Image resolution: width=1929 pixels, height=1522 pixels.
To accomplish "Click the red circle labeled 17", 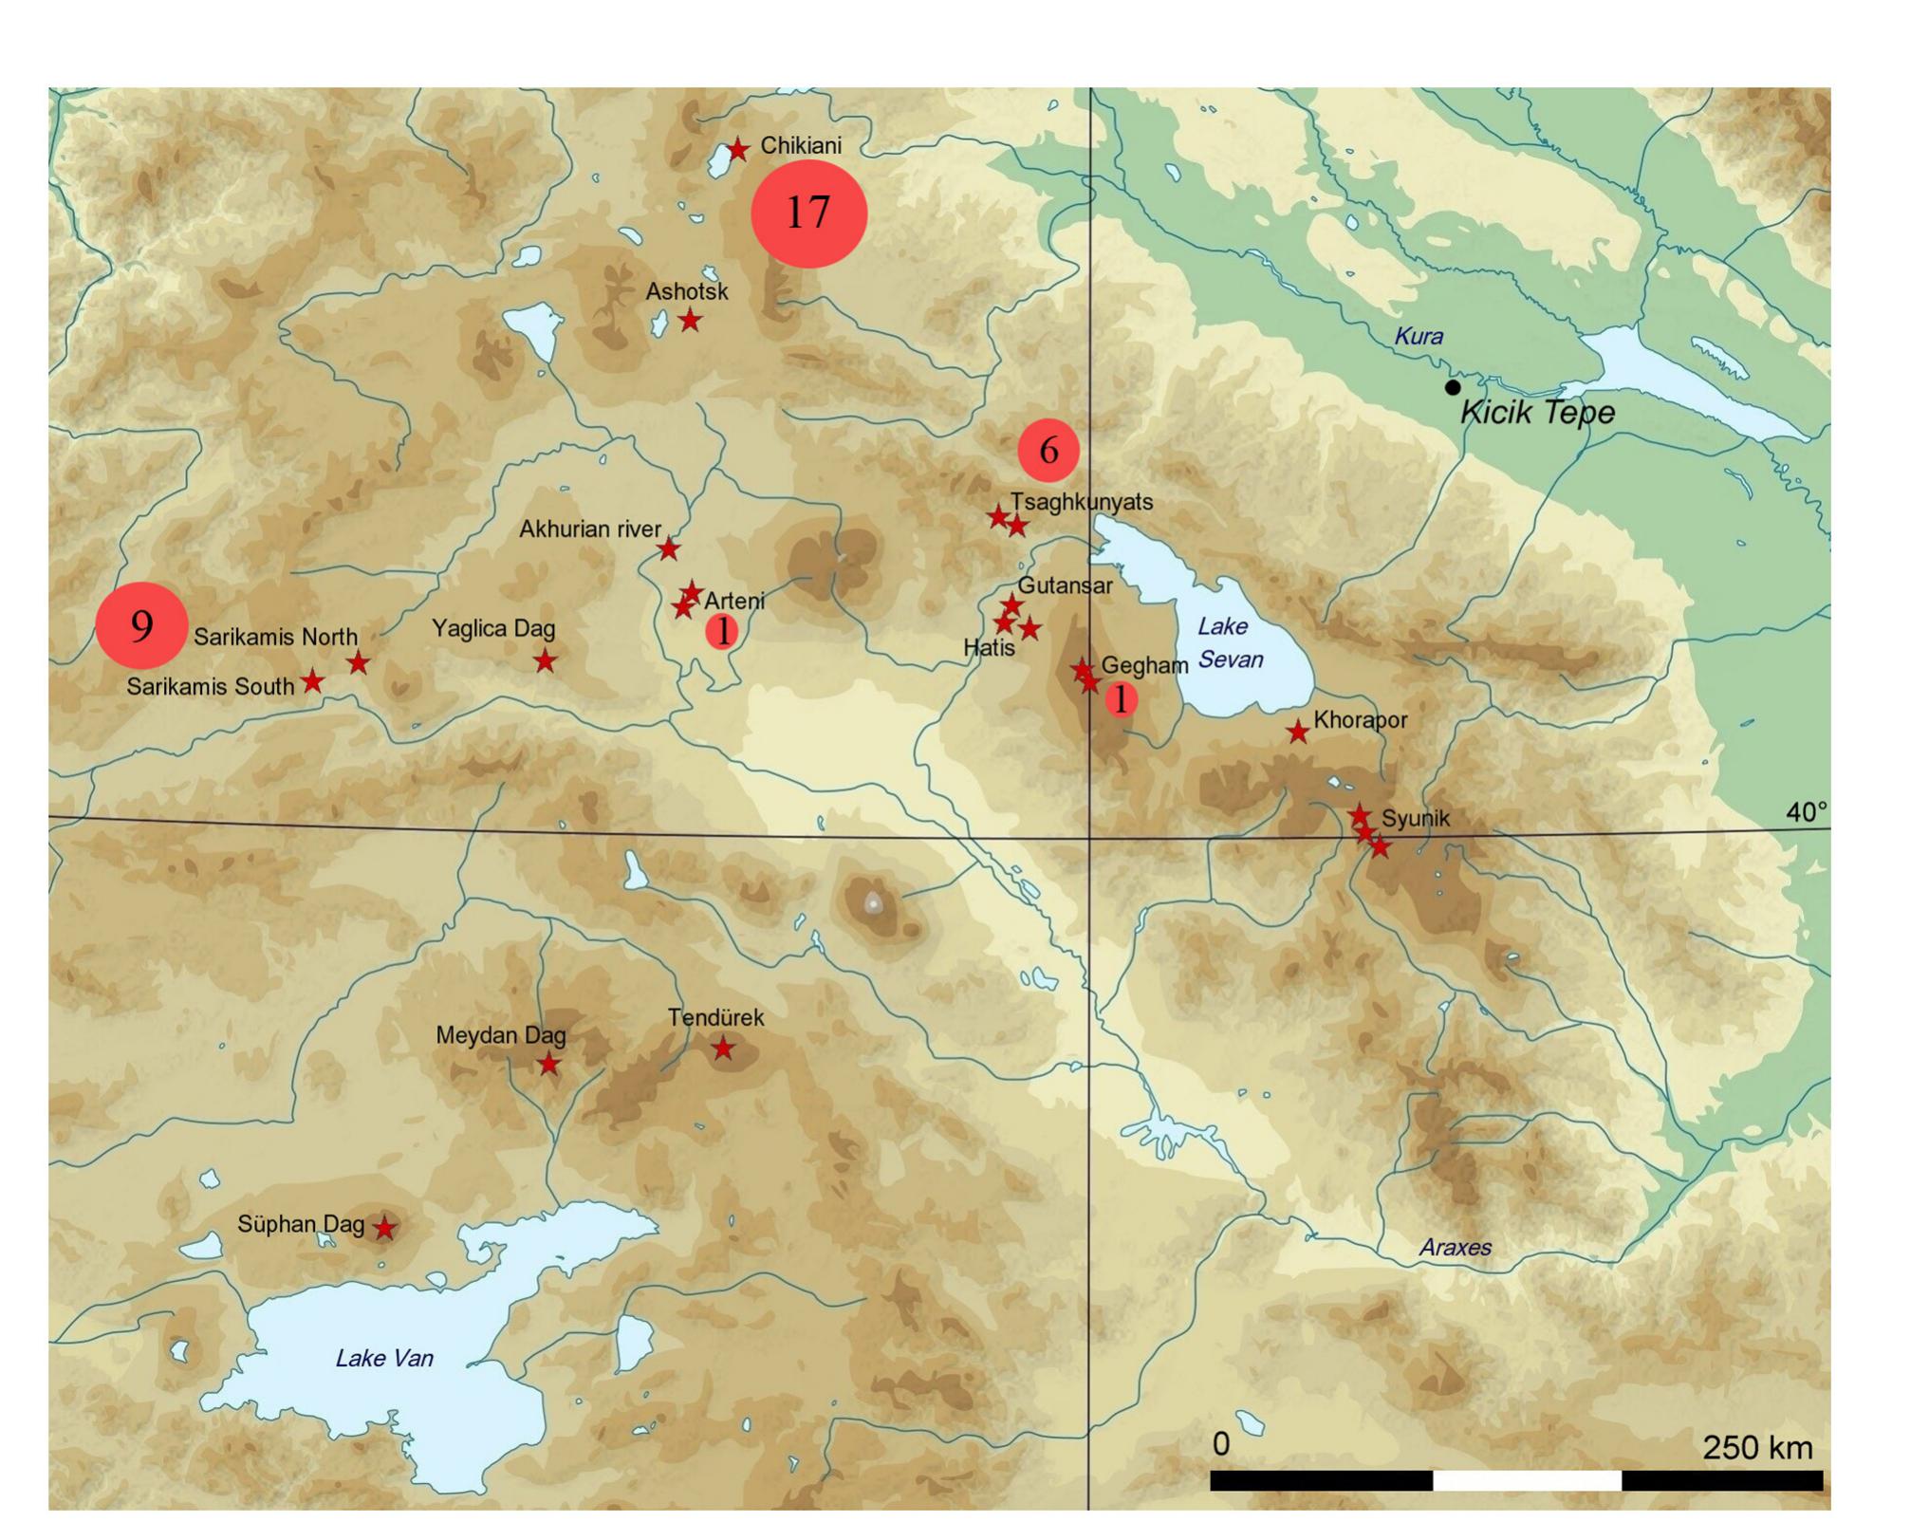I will click(x=808, y=213).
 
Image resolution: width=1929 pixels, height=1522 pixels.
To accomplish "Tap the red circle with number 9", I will click(x=141, y=626).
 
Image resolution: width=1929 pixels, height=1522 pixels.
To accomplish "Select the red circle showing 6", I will click(x=1048, y=450).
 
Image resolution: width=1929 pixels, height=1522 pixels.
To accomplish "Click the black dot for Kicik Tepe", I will click(x=1452, y=387).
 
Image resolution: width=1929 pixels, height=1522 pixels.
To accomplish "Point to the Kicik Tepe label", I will click(x=1536, y=413).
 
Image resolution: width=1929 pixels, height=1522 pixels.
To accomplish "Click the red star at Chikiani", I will click(x=738, y=149).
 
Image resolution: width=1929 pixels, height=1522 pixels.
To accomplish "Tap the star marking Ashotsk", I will click(x=690, y=320).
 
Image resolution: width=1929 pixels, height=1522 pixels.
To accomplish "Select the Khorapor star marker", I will click(x=1298, y=732).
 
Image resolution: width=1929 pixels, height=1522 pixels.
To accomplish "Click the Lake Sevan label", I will click(x=1229, y=642).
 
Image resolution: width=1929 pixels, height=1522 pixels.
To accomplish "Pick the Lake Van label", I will click(x=384, y=1359).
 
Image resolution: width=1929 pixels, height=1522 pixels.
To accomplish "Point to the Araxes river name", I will click(x=1455, y=1248).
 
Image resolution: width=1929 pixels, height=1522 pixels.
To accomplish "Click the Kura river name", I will click(x=1419, y=336).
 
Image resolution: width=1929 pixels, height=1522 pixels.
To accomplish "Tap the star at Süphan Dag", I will click(x=383, y=1228).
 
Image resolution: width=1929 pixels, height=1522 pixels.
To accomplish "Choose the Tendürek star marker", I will click(x=723, y=1049).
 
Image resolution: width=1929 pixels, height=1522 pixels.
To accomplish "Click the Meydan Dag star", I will click(x=548, y=1065).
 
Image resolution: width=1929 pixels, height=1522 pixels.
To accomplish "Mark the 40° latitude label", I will click(x=1806, y=812).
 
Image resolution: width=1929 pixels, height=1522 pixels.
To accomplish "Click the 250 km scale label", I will click(x=1757, y=1448).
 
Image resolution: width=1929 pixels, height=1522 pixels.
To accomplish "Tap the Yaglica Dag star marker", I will click(x=544, y=660).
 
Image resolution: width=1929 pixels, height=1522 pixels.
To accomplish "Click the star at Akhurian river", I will click(x=669, y=548).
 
